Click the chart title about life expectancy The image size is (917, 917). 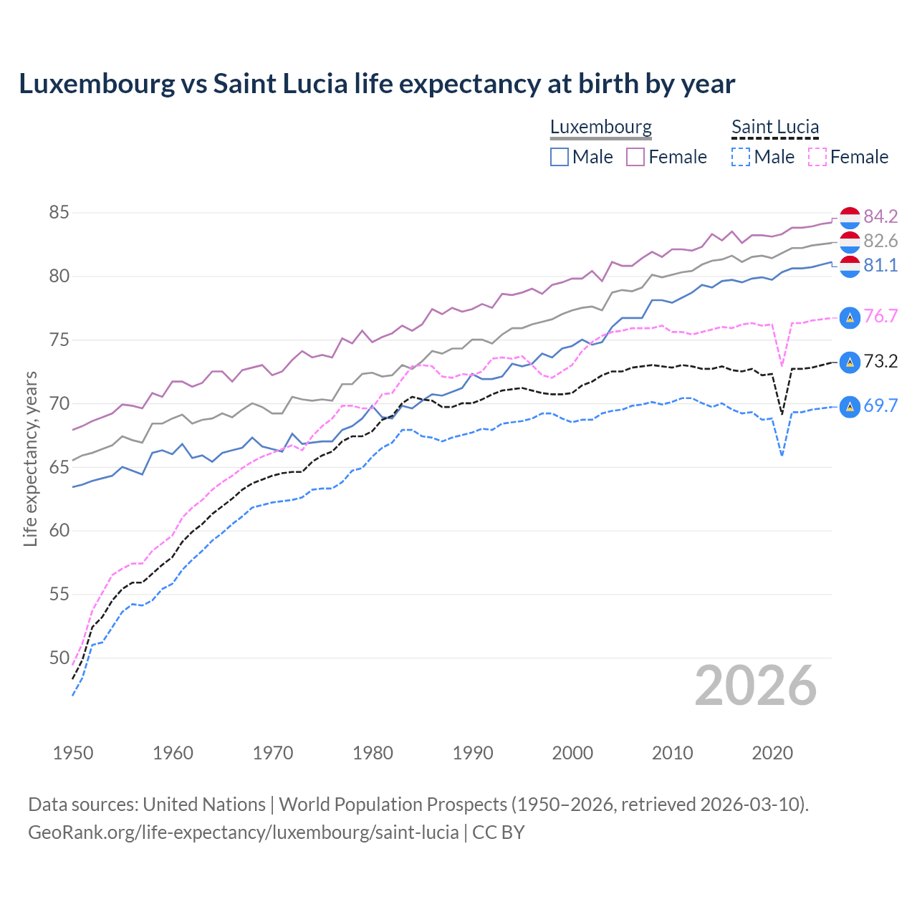coord(377,84)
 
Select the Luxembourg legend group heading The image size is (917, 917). coord(600,127)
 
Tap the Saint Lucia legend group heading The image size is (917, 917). coord(774,127)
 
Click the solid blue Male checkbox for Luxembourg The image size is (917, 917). coord(560,157)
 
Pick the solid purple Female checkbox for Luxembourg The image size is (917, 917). coord(635,157)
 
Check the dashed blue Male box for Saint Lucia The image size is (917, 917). coord(741,157)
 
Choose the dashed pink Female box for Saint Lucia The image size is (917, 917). coord(817,157)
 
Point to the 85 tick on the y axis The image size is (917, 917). coord(59,213)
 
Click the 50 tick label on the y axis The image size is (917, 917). coord(59,658)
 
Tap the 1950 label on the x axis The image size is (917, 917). coord(73,753)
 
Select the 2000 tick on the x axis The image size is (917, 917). coord(572,753)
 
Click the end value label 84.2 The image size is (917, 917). coord(880,216)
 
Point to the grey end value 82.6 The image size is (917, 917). coord(880,241)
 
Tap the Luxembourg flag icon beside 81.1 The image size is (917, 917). coord(850,266)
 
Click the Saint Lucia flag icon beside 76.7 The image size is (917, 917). coord(850,317)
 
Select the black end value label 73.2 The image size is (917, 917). coord(880,361)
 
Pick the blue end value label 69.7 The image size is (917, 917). coord(880,405)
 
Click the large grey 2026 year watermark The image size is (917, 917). coord(755,686)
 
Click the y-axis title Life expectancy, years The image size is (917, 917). coord(30,458)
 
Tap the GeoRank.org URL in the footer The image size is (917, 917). coord(244,832)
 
